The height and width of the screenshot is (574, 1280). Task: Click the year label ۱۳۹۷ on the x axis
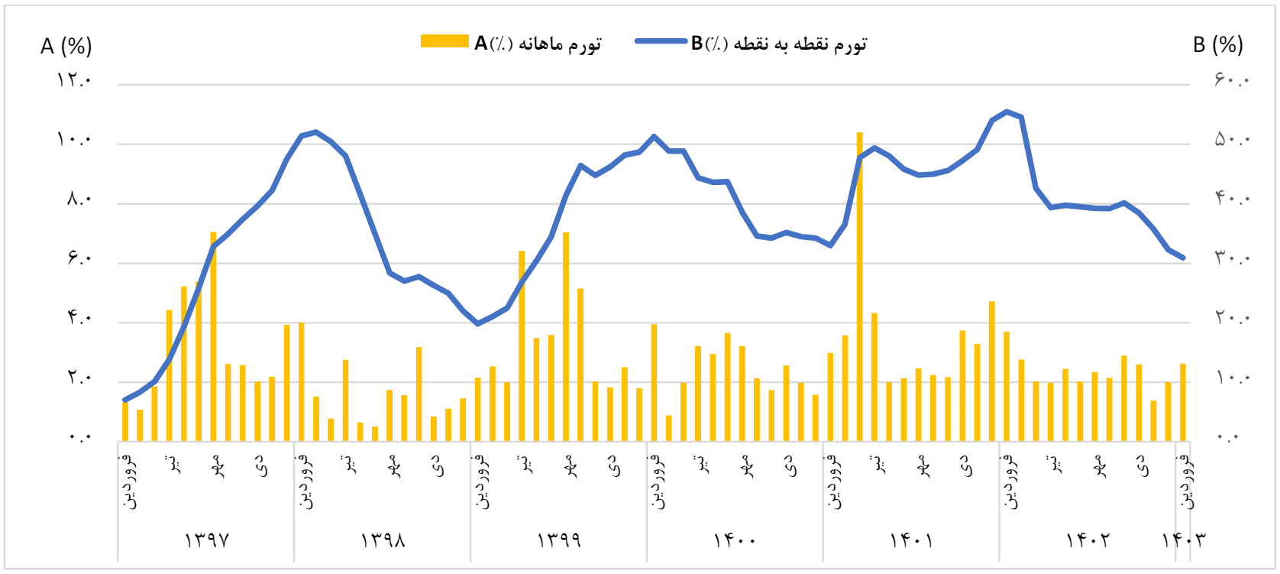click(x=206, y=540)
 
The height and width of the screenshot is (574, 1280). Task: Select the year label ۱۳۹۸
click(x=383, y=540)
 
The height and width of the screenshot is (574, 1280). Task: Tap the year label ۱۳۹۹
click(x=559, y=540)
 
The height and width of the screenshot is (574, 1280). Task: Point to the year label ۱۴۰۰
click(x=735, y=540)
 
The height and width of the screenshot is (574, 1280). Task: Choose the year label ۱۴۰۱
click(x=911, y=540)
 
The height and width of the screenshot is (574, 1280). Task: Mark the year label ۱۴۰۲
click(x=1088, y=540)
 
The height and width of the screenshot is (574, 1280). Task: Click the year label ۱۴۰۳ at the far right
click(x=1183, y=540)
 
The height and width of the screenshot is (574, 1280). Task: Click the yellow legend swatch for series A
click(x=444, y=41)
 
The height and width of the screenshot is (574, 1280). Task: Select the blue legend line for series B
click(x=661, y=41)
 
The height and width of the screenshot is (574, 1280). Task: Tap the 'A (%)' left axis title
click(x=66, y=46)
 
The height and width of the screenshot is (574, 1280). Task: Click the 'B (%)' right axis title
click(x=1217, y=44)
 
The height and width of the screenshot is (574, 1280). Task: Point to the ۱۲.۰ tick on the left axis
click(x=74, y=79)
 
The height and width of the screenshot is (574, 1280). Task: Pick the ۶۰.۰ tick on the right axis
click(x=1231, y=79)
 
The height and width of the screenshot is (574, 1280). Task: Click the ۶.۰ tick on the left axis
click(x=79, y=258)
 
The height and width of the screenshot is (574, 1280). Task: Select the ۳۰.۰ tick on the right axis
click(x=1231, y=258)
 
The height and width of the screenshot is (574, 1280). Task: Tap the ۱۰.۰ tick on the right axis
click(x=1231, y=378)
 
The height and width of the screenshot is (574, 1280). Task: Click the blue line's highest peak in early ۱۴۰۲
click(x=1007, y=112)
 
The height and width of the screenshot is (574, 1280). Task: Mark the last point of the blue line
click(x=1183, y=258)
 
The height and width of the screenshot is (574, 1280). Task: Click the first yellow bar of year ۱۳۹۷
click(x=125, y=421)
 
